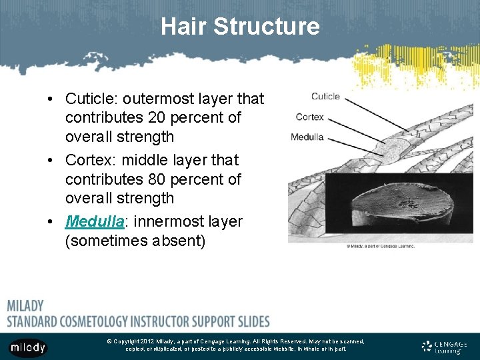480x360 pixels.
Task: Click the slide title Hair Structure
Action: click(240, 27)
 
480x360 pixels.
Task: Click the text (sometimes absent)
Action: click(135, 240)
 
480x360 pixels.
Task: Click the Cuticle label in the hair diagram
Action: click(325, 97)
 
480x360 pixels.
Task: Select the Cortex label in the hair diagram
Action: click(310, 117)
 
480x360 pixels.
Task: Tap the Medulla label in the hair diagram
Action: click(307, 137)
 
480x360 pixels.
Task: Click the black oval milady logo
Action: click(28, 348)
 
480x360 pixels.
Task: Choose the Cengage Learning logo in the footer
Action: click(445, 347)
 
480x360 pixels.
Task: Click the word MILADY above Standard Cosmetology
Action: click(25, 306)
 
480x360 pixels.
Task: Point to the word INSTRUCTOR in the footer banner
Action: click(157, 321)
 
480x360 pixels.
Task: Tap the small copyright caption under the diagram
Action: click(380, 246)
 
